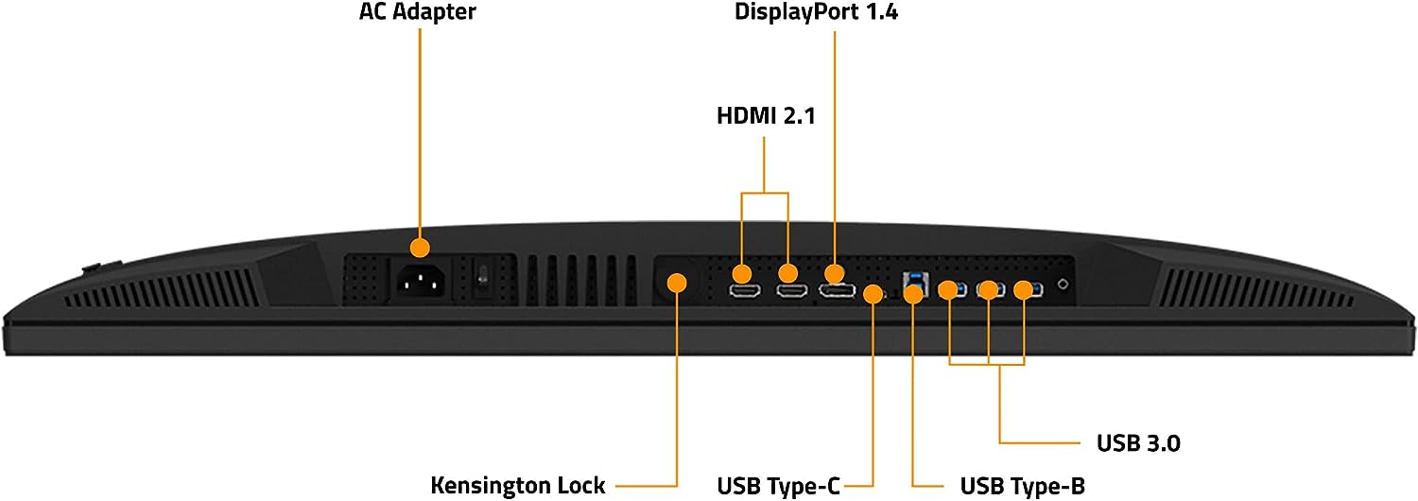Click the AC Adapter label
point(417,11)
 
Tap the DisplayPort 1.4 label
point(816,11)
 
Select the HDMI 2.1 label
point(766,115)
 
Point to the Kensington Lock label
point(518,485)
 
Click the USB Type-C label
point(779,486)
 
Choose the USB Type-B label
point(1022,486)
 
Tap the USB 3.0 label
point(1138,442)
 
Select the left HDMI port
point(745,291)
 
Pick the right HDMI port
point(792,291)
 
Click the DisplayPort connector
point(837,291)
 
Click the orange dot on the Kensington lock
point(677,283)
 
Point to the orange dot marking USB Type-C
point(873,294)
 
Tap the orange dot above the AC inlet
point(420,248)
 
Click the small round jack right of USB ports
point(1063,285)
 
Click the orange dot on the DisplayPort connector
point(835,273)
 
